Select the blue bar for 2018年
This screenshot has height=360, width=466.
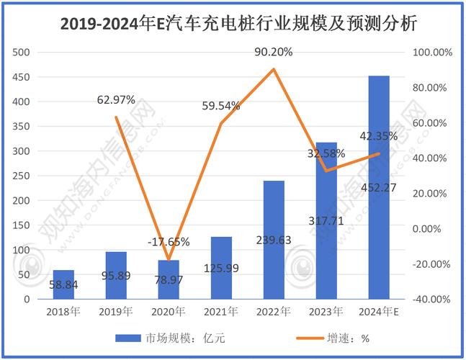(63, 284)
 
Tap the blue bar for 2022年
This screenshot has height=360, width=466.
(273, 239)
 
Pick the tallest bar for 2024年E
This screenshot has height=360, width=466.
(379, 187)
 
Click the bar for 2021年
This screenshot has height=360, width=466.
(221, 267)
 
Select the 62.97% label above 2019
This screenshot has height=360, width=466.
(117, 100)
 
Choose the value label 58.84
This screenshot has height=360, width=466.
(64, 285)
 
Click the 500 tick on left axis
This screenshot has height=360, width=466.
(23, 53)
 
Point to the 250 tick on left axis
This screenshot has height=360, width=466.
(23, 176)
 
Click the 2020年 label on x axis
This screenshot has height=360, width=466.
(169, 312)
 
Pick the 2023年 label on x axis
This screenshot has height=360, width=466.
(326, 312)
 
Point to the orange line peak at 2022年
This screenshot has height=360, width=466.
(274, 69)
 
